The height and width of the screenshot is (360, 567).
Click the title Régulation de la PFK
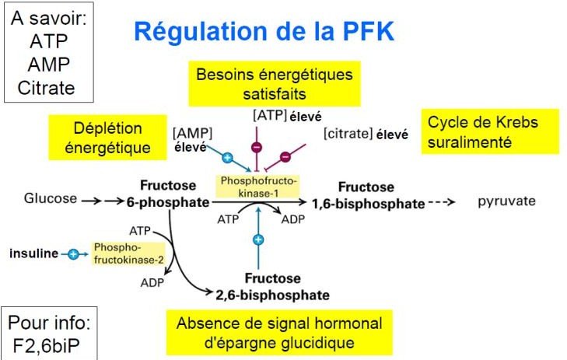click(x=264, y=32)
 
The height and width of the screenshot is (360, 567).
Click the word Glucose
click(x=51, y=198)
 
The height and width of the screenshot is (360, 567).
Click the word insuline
click(x=33, y=254)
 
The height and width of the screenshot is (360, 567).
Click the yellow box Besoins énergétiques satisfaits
click(x=273, y=85)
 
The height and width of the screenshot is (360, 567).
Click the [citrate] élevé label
click(x=366, y=135)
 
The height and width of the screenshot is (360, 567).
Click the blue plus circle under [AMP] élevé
click(x=227, y=157)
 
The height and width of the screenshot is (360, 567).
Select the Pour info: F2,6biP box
click(x=51, y=333)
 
